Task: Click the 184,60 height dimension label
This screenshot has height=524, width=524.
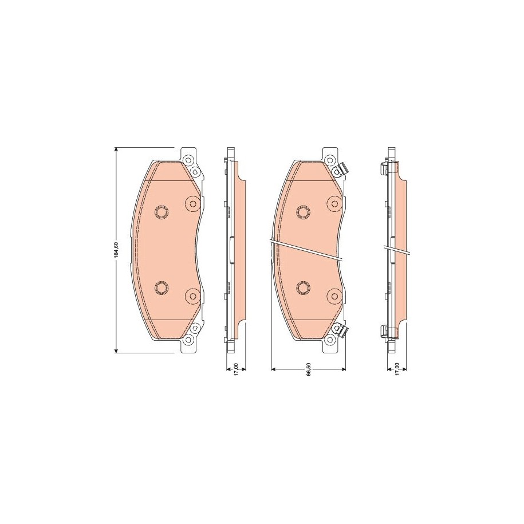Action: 116,250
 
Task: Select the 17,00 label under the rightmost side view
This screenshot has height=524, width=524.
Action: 397,369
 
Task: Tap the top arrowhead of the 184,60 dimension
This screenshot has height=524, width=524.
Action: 116,149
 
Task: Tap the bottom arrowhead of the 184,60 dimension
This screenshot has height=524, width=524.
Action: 116,350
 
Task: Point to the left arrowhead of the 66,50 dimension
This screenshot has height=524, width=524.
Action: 274,369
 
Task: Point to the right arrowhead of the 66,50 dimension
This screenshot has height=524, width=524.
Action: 343,369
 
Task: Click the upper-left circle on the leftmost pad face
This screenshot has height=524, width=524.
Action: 161,212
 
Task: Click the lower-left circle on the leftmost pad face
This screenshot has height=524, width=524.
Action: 161,287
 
